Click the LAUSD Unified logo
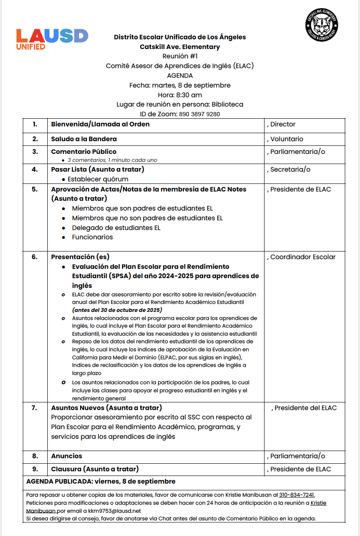tap(52, 39)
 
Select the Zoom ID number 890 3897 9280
tap(199, 114)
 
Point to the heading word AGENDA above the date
tap(180, 76)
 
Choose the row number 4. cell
tap(35, 170)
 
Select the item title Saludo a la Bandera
tap(84, 139)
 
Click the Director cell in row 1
tap(283, 124)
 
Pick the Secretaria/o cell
tap(290, 170)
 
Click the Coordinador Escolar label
tap(303, 257)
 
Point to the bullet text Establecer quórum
tap(98, 179)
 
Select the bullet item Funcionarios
tap(92, 237)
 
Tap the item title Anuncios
tap(66, 456)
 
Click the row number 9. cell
tap(35, 469)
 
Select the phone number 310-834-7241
tap(297, 495)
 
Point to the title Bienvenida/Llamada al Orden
tap(100, 124)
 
